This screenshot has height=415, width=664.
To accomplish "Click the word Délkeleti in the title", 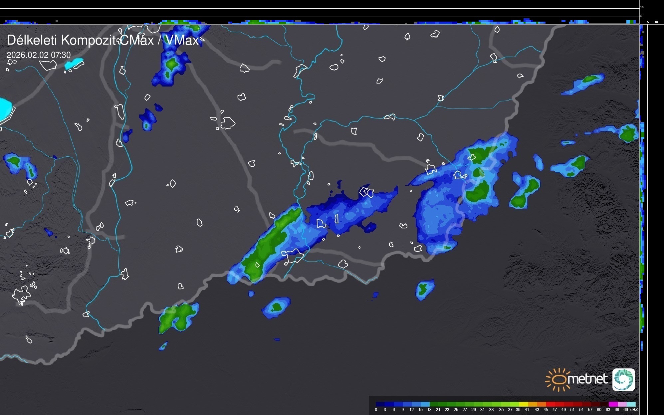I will click(32, 40).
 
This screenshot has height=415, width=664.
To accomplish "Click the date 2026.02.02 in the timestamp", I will click(27, 55).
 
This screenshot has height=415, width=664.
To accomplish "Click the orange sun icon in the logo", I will click(556, 379).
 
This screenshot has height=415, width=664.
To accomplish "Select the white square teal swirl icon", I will click(623, 379).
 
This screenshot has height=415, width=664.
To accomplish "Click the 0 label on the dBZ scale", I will click(376, 410).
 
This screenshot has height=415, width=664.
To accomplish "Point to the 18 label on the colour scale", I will click(429, 410).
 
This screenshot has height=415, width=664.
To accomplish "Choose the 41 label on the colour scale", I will click(527, 410).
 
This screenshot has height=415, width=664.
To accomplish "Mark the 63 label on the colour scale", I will click(608, 410).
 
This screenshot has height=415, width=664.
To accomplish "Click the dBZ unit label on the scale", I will click(634, 410).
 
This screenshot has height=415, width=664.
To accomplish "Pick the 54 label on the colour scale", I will click(581, 410).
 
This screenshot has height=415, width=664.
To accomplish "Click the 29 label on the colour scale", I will click(474, 410).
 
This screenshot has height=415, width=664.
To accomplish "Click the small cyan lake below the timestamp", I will click(74, 64).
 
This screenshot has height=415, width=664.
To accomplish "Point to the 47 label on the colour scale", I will click(554, 410).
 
